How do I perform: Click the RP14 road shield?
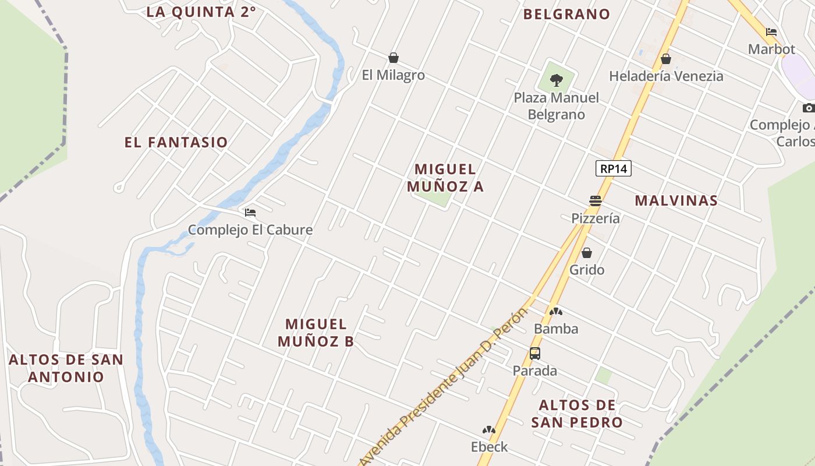pyautogui.click(x=614, y=169)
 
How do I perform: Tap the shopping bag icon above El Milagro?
pyautogui.click(x=394, y=58)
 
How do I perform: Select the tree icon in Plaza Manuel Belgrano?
pyautogui.click(x=557, y=80)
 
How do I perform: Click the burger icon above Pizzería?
pyautogui.click(x=595, y=201)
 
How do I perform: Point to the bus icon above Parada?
pyautogui.click(x=534, y=353)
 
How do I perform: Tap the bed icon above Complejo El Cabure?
pyautogui.click(x=250, y=213)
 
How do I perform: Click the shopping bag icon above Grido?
pyautogui.click(x=587, y=253)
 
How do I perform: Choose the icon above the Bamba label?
pyautogui.click(x=556, y=312)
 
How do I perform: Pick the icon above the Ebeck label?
pyautogui.click(x=488, y=430)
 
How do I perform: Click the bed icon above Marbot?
pyautogui.click(x=771, y=32)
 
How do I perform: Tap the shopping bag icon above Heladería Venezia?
pyautogui.click(x=666, y=59)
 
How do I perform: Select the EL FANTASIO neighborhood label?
pyautogui.click(x=176, y=142)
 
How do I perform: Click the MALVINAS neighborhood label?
pyautogui.click(x=676, y=200)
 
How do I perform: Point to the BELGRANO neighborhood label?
pyautogui.click(x=566, y=14)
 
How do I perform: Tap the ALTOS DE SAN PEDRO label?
pyautogui.click(x=577, y=414)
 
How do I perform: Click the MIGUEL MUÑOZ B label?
pyautogui.click(x=316, y=333)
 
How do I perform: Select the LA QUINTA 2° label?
pyautogui.click(x=201, y=12)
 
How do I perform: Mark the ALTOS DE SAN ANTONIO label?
pyautogui.click(x=66, y=368)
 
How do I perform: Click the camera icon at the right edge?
pyautogui.click(x=809, y=108)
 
